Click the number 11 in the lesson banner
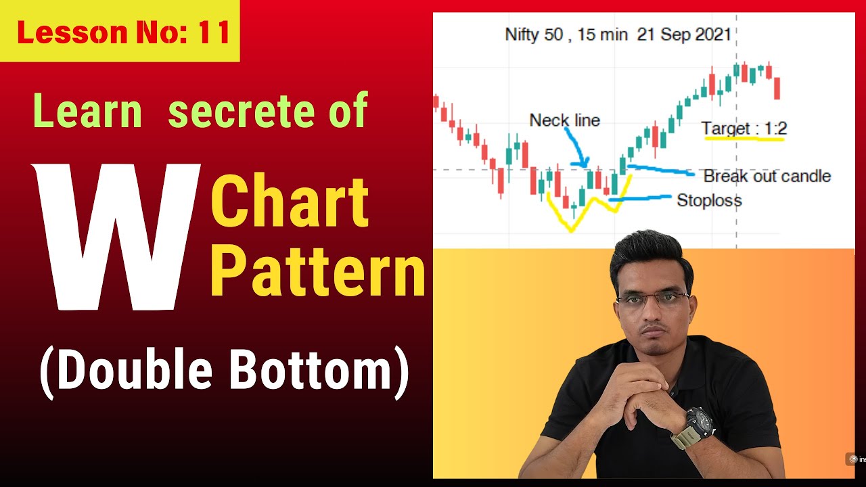tap(214, 32)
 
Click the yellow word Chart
tap(291, 202)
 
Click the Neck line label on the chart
tap(564, 121)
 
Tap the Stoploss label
tap(709, 201)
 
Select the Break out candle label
tap(767, 177)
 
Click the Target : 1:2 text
tap(744, 129)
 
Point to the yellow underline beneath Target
tap(744, 139)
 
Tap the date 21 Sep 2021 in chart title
tap(684, 34)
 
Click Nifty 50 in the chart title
tap(534, 34)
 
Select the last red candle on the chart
tap(777, 88)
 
